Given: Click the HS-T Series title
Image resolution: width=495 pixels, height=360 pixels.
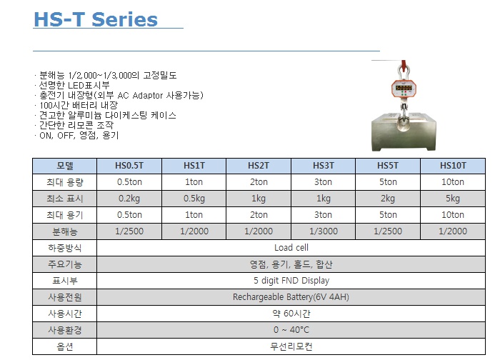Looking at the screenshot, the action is pos(96,19).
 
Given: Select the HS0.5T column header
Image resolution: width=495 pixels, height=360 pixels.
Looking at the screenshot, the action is pos(129,166).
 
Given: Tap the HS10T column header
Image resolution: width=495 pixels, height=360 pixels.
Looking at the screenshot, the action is pos(453,166).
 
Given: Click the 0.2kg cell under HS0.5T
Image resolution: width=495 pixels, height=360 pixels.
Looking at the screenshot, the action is pos(129,199).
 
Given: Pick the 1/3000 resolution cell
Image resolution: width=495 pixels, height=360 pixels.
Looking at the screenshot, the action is pos(324,231).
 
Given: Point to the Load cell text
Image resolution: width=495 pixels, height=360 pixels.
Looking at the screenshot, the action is pos(291,248).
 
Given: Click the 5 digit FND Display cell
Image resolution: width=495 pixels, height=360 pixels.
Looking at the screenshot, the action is pos(291,281).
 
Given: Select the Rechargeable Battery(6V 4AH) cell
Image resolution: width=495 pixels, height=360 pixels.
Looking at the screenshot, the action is pos(291,297).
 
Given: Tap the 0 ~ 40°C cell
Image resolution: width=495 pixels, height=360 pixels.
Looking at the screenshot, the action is pos(291,330).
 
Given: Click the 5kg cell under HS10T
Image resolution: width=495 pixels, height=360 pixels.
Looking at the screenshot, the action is pos(453,199).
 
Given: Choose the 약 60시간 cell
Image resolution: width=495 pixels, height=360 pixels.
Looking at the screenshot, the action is pos(291,314).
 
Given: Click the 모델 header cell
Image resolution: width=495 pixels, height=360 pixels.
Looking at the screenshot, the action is pos(65,166).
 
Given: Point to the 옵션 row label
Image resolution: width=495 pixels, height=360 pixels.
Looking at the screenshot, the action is pos(65,346).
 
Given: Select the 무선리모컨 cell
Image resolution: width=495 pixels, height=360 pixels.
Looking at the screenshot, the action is pos(291,346).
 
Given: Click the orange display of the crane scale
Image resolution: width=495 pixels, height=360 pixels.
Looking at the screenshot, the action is pos(404,88).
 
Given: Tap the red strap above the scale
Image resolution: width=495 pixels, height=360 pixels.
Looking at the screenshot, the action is pos(404,65).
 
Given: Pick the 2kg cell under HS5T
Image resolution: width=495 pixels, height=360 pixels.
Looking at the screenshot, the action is pos(388,199).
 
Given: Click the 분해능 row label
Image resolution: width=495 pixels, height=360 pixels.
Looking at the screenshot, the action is pos(65,231).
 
